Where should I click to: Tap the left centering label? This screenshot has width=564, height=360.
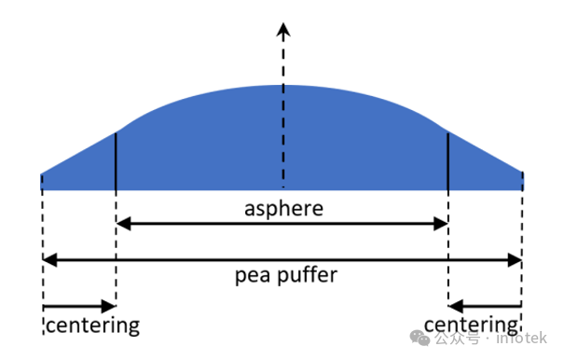(91, 325)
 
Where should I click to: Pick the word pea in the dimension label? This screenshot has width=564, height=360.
(249, 276)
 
